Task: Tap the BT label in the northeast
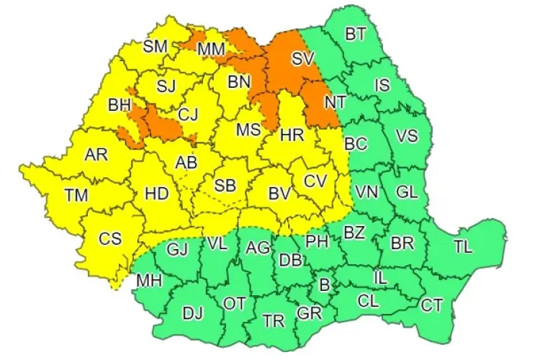coord(355,34)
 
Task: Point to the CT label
coord(432,306)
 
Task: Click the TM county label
coord(76,194)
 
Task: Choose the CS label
coord(109,240)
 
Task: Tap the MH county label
coord(149,279)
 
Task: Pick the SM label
coord(155,47)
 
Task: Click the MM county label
coord(210,48)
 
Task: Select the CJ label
coord(188,113)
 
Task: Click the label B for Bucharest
coord(324,286)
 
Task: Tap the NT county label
coord(334,102)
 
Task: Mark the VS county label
coord(407,135)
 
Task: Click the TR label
coord(271,320)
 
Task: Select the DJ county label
coord(192,312)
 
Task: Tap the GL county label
coord(407,192)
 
